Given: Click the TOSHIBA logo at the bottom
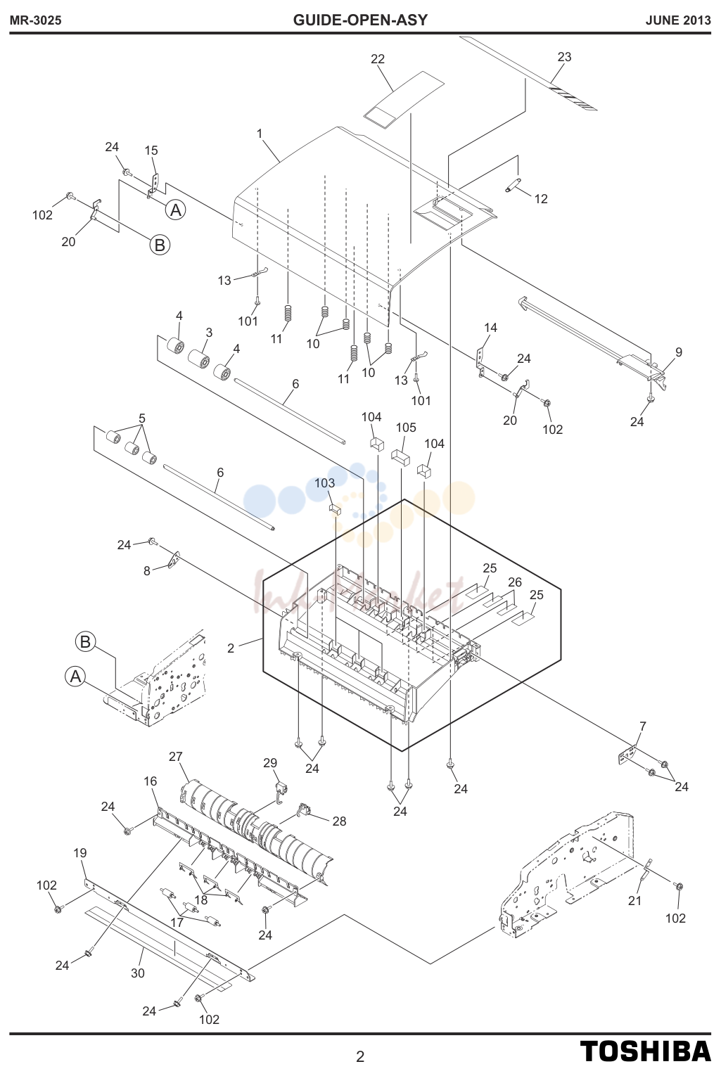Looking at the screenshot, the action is click(645, 1051).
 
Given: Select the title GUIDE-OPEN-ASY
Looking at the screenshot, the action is click(360, 20).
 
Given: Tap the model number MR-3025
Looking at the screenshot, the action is click(36, 20).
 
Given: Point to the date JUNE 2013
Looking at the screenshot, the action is click(678, 20).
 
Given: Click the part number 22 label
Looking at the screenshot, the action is click(378, 58).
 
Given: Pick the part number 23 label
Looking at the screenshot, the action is click(564, 57).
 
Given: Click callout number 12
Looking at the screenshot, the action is click(541, 199).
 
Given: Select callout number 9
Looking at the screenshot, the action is click(679, 352).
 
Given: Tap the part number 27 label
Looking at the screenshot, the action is click(175, 757).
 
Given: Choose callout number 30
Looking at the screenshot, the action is click(138, 973).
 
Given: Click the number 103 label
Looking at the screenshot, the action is click(325, 482).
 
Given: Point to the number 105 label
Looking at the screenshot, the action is click(406, 428).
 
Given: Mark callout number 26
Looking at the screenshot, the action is click(514, 582).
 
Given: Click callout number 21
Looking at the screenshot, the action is click(634, 901).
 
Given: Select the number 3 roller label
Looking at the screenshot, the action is click(209, 333).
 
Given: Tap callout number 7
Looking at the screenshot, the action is click(643, 726).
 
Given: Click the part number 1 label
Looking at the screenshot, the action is click(260, 133).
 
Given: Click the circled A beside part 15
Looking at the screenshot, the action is click(176, 210).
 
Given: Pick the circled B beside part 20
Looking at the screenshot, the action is click(160, 245).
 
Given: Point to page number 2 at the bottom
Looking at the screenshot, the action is click(359, 1057).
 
